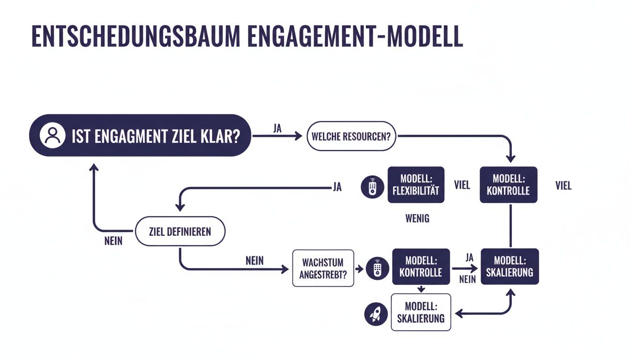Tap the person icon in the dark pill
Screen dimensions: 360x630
tap(52, 136)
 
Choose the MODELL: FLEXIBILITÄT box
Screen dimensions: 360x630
tap(416, 185)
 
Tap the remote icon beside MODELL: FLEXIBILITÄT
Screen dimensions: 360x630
tap(372, 186)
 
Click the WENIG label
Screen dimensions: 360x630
tap(417, 218)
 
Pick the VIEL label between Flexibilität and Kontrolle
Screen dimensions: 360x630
tap(462, 185)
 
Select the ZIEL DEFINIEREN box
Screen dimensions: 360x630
tap(180, 231)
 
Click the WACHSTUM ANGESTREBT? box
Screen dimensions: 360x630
tap(323, 268)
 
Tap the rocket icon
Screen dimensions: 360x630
tap(376, 314)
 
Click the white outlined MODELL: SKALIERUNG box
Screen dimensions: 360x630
tap(420, 312)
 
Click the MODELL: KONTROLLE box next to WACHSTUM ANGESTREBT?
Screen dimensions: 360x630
tap(420, 266)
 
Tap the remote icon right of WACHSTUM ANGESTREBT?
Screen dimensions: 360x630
tap(377, 269)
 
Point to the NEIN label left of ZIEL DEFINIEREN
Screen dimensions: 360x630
tap(113, 241)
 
